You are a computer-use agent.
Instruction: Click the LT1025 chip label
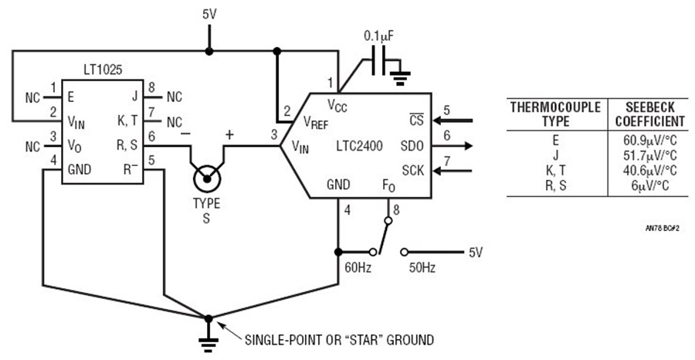pyautogui.click(x=103, y=70)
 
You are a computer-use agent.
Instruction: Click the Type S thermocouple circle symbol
pyautogui.click(x=206, y=179)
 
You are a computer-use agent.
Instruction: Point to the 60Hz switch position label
pyautogui.click(x=358, y=268)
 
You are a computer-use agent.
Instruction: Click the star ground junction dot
pyautogui.click(x=208, y=318)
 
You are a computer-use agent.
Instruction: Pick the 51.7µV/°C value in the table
pyautogui.click(x=649, y=156)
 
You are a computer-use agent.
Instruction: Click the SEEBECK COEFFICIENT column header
pyautogui.click(x=649, y=114)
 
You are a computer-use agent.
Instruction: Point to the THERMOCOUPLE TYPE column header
pyautogui.click(x=555, y=114)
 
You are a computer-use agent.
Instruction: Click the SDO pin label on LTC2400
pyautogui.click(x=412, y=146)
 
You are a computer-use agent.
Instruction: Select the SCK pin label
pyautogui.click(x=412, y=170)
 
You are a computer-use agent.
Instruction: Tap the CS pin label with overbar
pyautogui.click(x=417, y=120)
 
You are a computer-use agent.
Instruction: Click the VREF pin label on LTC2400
pyautogui.click(x=316, y=122)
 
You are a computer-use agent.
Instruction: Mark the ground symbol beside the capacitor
pyautogui.click(x=399, y=76)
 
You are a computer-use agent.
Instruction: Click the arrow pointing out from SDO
pyautogui.click(x=452, y=146)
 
